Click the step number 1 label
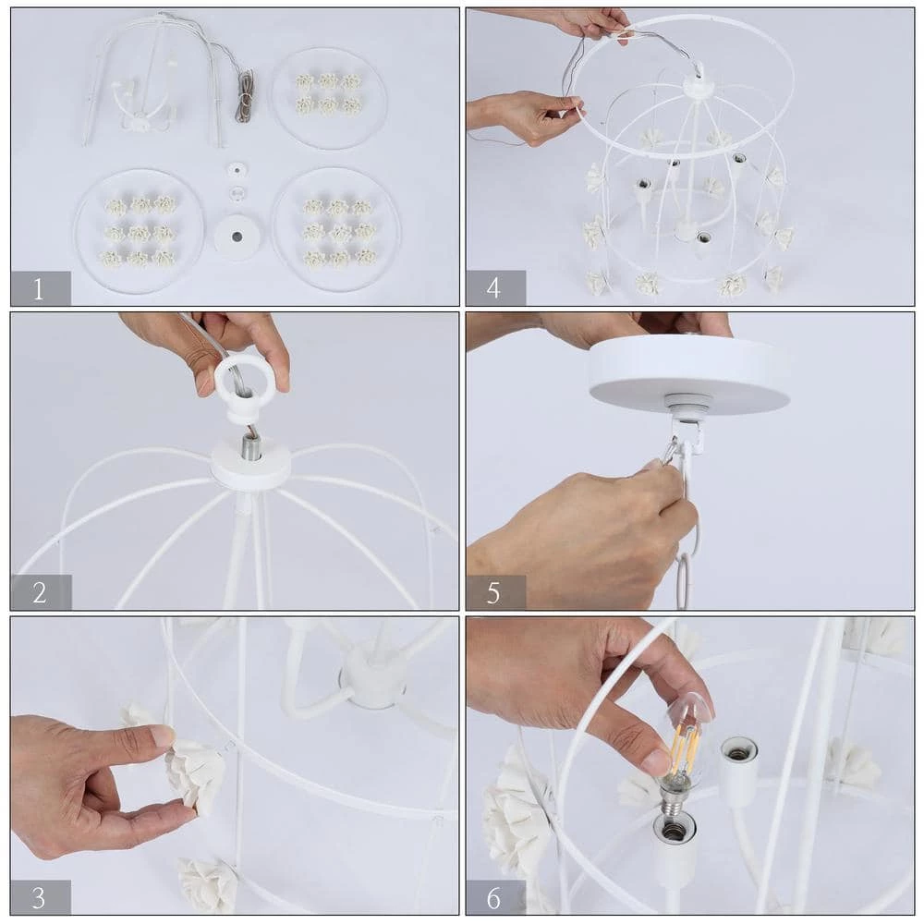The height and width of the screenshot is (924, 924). [x=40, y=288]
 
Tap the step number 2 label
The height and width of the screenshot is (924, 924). [x=40, y=592]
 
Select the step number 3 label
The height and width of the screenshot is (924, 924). [x=40, y=896]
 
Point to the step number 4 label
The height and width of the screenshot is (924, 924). [x=495, y=288]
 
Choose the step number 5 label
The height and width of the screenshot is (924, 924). [x=495, y=592]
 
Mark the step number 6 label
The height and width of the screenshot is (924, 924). [x=495, y=896]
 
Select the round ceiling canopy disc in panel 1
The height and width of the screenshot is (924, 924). [x=237, y=236]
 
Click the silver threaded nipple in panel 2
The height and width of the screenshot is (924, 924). [x=250, y=447]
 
